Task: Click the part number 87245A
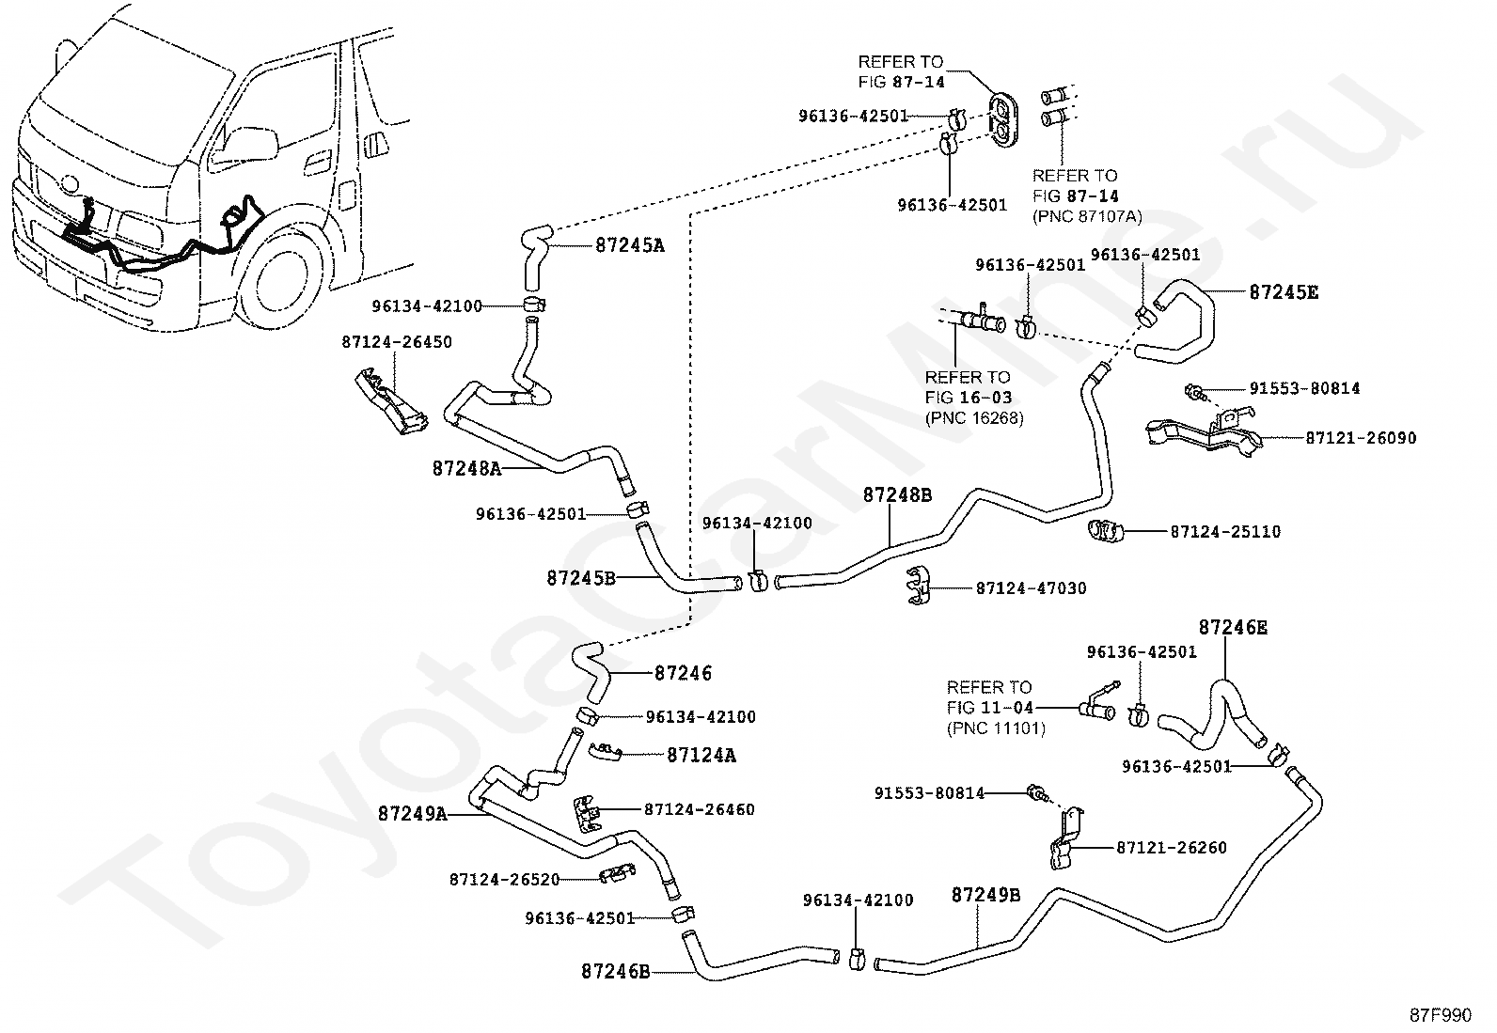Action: [x=629, y=246]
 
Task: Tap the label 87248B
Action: [x=897, y=495]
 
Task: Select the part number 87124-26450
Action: [x=397, y=342]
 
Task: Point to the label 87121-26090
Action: [x=1361, y=438]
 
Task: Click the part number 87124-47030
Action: [x=1032, y=588]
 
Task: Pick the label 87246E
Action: [x=1233, y=628]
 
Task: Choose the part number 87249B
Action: [x=985, y=895]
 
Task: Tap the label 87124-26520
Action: [x=505, y=880]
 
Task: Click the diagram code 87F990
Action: [x=1441, y=1015]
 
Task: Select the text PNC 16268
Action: [x=974, y=418]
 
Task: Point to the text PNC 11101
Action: [x=996, y=728]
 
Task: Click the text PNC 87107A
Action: [x=1087, y=216]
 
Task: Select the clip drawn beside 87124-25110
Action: [x=1106, y=531]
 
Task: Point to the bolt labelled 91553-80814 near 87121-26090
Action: [x=1194, y=392]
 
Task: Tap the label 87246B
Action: [x=616, y=972]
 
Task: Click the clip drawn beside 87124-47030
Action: [x=919, y=586]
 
